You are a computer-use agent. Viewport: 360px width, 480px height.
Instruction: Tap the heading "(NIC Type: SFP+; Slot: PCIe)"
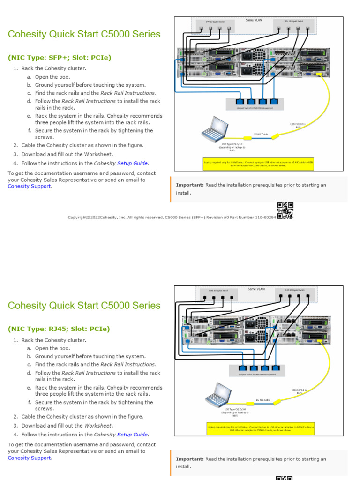point(60,58)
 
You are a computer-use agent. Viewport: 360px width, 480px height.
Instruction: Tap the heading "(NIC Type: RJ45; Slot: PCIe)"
point(59,329)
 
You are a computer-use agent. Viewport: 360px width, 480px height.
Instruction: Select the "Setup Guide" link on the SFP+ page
point(133,163)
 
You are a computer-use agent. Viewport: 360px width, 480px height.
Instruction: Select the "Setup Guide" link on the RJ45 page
point(133,435)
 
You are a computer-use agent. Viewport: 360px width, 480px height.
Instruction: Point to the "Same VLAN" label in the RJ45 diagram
point(256,289)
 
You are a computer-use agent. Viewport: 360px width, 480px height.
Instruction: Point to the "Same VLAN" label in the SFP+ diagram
point(254,20)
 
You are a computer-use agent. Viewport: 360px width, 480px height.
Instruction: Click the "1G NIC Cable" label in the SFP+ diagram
point(261,134)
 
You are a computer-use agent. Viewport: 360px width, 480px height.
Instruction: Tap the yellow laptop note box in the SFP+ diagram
point(258,164)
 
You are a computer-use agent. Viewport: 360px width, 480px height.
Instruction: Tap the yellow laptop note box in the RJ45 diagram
point(261,428)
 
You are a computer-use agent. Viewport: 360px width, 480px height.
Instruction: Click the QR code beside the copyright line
point(285,210)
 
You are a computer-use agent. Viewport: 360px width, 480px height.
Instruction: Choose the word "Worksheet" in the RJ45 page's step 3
point(98,426)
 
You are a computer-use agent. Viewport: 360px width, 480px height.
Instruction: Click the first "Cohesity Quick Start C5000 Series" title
point(84,34)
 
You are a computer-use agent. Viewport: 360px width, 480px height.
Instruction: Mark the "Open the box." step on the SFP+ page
point(52,77)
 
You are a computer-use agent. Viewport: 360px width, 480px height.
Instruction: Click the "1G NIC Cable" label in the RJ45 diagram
point(262,400)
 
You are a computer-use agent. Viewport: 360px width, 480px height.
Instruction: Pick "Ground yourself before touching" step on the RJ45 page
point(90,356)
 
